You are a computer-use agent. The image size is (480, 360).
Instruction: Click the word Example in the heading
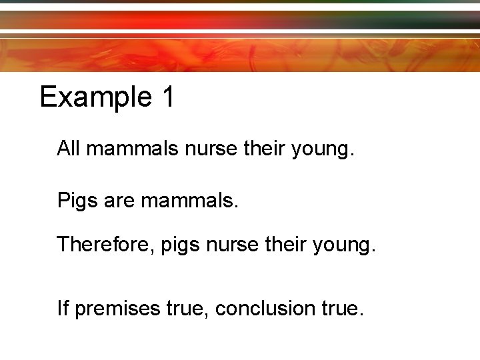(96, 97)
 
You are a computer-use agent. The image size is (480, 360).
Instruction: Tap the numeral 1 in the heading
(167, 97)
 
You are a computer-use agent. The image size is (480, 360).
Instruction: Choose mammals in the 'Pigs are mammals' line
(188, 200)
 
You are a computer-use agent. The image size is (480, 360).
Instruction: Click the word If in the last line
(63, 308)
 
